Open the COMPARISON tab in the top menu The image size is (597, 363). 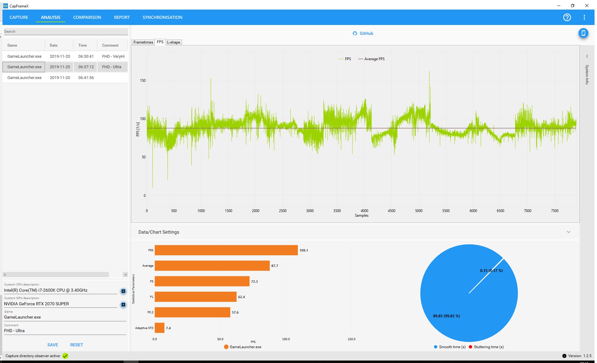pos(87,17)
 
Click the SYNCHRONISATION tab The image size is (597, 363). pos(162,17)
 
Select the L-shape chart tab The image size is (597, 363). pos(174,42)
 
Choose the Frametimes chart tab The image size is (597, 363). pos(143,42)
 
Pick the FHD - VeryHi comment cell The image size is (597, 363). pos(113,56)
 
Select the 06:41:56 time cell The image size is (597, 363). pos(86,78)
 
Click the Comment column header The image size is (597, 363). pos(110,45)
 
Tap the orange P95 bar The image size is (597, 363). pos(226,250)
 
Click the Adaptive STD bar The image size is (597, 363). pos(159,328)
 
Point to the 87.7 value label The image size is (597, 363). pos(274,266)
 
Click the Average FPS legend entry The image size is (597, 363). pos(371,59)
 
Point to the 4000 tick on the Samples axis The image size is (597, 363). pos(364,211)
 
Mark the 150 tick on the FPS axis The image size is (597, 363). pos(143,81)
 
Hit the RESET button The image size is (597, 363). pos(76,345)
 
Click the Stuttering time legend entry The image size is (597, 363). pos(486,347)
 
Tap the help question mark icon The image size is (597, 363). pos(567,17)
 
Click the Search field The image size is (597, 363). pos(66,31)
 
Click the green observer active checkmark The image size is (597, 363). pos(65,356)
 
